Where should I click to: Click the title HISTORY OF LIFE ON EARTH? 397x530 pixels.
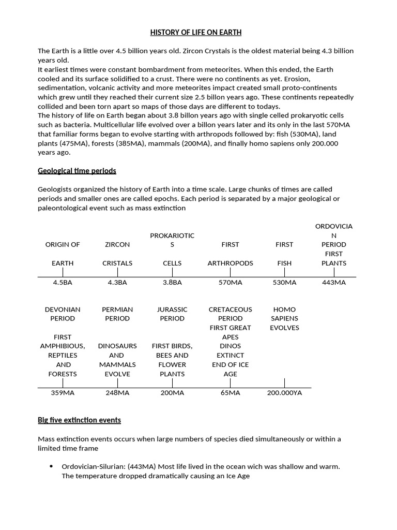(x=196, y=33)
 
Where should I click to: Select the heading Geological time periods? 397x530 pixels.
(x=77, y=171)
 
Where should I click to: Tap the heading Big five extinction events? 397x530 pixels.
(x=79, y=420)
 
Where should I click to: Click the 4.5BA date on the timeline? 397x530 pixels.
(x=63, y=283)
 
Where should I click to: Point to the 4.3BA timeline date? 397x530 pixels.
(x=117, y=283)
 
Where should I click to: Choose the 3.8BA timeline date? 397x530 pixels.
(x=172, y=283)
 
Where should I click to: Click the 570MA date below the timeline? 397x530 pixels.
(x=230, y=283)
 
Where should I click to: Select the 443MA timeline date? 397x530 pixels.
(x=333, y=283)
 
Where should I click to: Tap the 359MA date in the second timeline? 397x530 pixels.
(x=63, y=393)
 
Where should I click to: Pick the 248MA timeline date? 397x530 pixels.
(x=117, y=393)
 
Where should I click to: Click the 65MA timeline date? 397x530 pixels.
(x=230, y=393)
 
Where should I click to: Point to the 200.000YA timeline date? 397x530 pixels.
(x=284, y=393)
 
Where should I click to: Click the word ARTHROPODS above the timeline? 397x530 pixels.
(x=230, y=263)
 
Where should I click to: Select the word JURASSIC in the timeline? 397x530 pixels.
(x=172, y=310)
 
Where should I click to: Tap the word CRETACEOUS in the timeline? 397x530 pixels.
(x=230, y=310)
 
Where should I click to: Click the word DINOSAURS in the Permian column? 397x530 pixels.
(x=117, y=346)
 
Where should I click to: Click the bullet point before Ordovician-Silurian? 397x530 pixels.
(x=51, y=466)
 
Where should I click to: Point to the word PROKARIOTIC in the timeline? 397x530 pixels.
(x=172, y=235)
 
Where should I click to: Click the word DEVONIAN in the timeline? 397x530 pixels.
(x=63, y=310)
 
